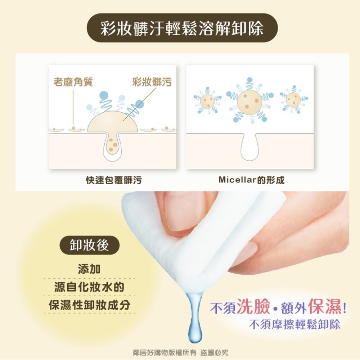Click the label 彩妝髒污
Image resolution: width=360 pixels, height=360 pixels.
point(152,82)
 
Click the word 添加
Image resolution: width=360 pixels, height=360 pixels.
point(89,269)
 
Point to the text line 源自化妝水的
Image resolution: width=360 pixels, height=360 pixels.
point(89,287)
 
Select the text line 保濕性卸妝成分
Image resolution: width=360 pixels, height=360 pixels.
point(89,305)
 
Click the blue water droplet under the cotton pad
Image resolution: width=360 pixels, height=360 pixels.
point(194,326)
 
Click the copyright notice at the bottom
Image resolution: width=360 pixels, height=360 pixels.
point(180,352)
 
